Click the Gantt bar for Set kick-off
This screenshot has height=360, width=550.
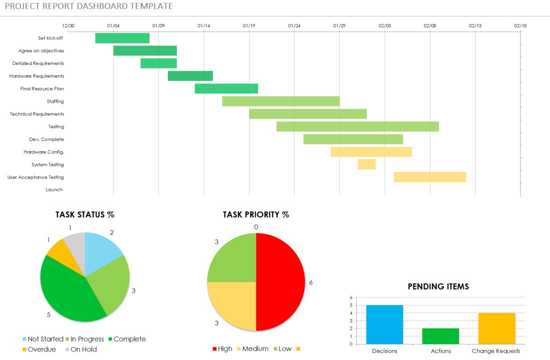tap(122, 38)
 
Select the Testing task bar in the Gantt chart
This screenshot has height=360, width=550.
tap(357, 127)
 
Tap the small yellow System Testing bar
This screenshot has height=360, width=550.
tap(366, 164)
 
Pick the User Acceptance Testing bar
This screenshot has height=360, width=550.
tap(430, 177)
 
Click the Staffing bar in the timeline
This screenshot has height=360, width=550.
tap(280, 101)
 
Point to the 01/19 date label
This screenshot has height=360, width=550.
tap(249, 25)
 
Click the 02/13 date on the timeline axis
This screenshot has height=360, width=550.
tap(475, 25)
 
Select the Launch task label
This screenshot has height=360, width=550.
tap(54, 190)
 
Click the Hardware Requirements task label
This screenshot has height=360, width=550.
tap(36, 76)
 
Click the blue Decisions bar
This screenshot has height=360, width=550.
tap(384, 325)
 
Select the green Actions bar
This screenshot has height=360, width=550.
tap(440, 336)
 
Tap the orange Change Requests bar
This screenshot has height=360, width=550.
tap(496, 329)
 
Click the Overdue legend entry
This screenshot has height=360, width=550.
tap(39, 350)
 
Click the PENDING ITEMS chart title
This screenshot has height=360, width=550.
tap(438, 287)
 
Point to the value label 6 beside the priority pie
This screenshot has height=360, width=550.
tap(311, 283)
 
